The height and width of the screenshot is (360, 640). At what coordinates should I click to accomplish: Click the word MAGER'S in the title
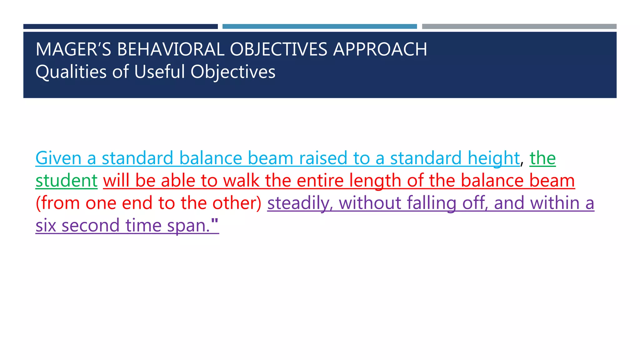(x=73, y=49)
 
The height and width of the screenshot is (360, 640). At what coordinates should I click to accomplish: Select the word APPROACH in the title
(x=380, y=49)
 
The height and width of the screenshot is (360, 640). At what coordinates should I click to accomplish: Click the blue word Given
(x=58, y=158)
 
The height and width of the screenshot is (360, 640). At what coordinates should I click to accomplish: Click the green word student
(x=67, y=181)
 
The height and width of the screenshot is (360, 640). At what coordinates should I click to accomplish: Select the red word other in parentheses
(x=237, y=203)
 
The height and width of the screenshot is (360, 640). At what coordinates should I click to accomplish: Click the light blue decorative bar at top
(x=319, y=27)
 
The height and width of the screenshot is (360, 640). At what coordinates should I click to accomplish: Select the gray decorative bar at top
(x=519, y=27)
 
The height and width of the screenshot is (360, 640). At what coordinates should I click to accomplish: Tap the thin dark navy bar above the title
(x=120, y=27)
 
